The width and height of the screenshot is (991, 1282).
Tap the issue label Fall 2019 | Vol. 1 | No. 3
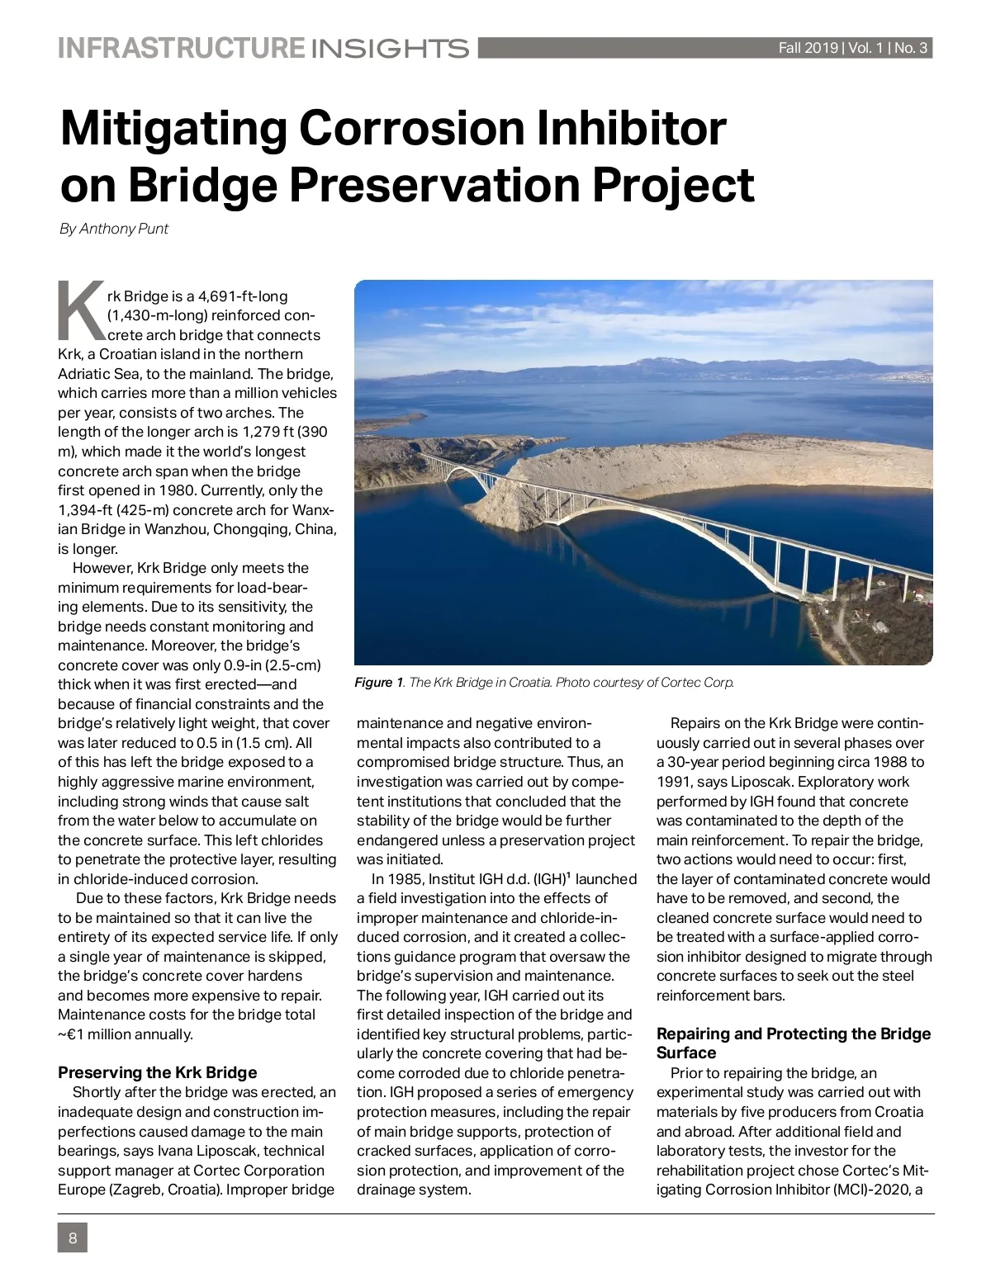point(853,48)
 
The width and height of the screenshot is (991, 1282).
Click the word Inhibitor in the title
point(633,129)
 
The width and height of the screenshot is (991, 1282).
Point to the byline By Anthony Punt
point(114,229)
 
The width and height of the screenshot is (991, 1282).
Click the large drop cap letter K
point(80,312)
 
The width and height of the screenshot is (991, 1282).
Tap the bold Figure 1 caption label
point(378,683)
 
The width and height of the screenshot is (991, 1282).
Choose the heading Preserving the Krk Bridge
point(157,1072)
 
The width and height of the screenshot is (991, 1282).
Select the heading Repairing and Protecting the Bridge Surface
point(793,1043)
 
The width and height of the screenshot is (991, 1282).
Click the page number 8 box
point(73,1238)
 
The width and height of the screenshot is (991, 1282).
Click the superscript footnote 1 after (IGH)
point(568,875)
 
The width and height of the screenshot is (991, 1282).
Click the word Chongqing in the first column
point(248,529)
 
